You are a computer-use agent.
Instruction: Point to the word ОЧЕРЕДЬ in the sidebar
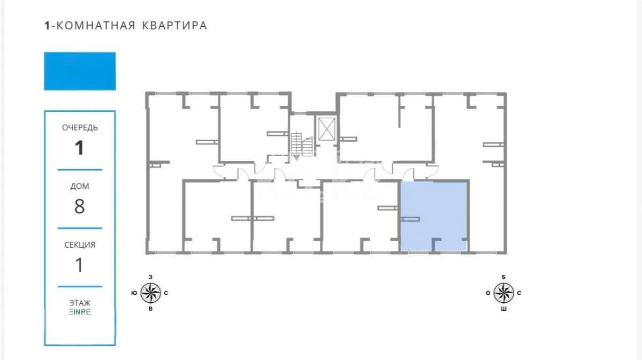pyautogui.click(x=80, y=128)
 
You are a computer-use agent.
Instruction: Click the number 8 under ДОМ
pyautogui.click(x=80, y=206)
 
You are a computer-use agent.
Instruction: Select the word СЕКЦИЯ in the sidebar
pyautogui.click(x=80, y=245)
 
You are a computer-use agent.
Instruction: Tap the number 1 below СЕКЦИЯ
pyautogui.click(x=80, y=265)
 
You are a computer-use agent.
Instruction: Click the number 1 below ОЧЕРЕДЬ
pyautogui.click(x=80, y=148)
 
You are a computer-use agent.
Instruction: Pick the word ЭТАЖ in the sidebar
pyautogui.click(x=80, y=303)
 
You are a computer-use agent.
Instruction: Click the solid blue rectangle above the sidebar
pyautogui.click(x=80, y=71)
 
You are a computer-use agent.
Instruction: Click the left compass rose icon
pyautogui.click(x=150, y=293)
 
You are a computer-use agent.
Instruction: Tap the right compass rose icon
pyautogui.click(x=503, y=293)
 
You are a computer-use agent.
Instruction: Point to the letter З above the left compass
pyautogui.click(x=150, y=277)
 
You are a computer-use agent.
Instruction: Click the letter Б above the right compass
pyautogui.click(x=503, y=277)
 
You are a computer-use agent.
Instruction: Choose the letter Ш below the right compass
pyautogui.click(x=503, y=309)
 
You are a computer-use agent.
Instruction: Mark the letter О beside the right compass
pyautogui.click(x=487, y=293)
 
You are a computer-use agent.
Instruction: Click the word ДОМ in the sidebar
pyautogui.click(x=80, y=187)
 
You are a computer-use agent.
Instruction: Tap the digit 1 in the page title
pyautogui.click(x=47, y=25)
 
